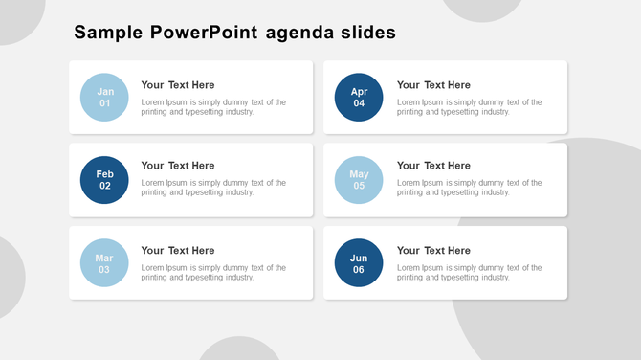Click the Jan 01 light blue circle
(x=104, y=98)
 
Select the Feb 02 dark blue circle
(x=104, y=180)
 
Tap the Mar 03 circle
(x=104, y=263)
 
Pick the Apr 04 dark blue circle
(x=359, y=98)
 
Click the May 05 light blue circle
(x=359, y=180)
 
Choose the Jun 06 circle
(x=359, y=263)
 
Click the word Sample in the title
(x=108, y=34)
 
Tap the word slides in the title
(x=368, y=33)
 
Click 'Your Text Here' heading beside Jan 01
(x=178, y=85)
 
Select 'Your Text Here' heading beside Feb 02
(x=178, y=166)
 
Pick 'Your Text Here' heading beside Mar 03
(x=178, y=251)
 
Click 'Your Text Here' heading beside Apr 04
(x=433, y=85)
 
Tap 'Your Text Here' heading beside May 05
(x=433, y=166)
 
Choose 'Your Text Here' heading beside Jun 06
(x=433, y=251)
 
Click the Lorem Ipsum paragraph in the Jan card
(x=213, y=107)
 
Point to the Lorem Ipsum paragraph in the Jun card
(x=469, y=273)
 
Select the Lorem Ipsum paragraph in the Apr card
(x=469, y=107)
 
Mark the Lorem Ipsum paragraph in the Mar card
(x=213, y=273)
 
